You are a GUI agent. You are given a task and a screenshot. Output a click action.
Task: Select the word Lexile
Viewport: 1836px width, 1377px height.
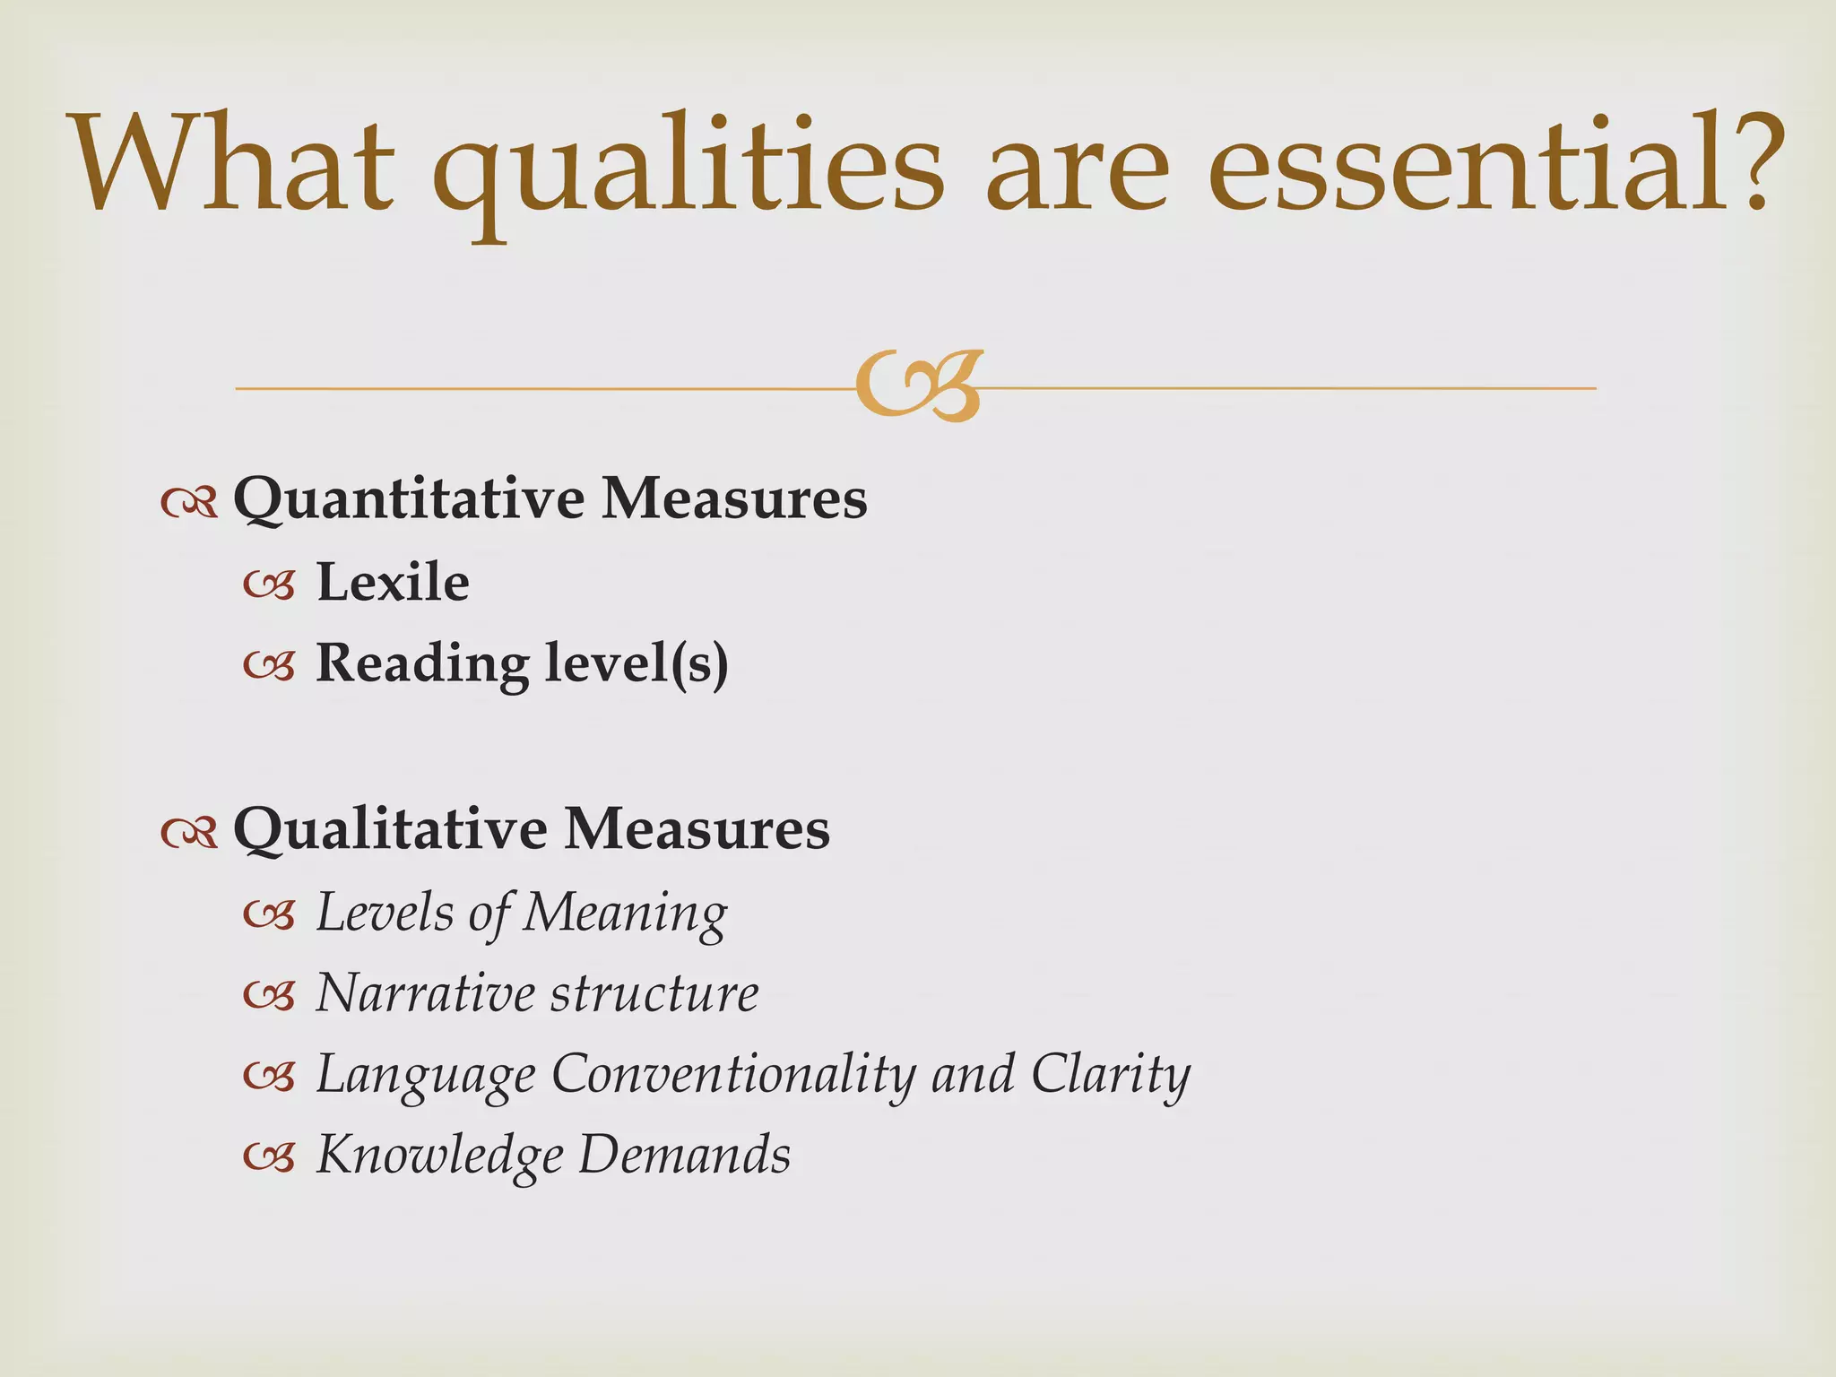[x=393, y=583]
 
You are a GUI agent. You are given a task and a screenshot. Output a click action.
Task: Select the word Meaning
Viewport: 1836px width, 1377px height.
[x=625, y=914]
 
